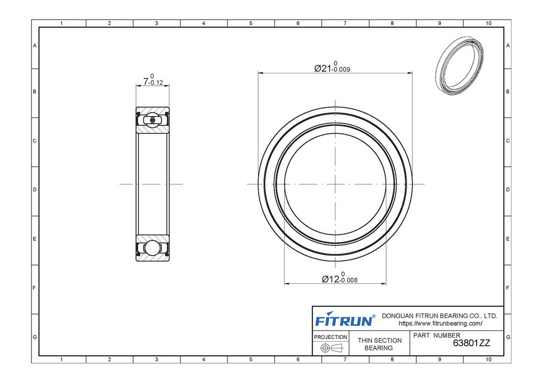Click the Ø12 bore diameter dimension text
point(340,277)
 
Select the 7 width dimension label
point(153,80)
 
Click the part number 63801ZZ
point(471,343)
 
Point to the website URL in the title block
point(440,324)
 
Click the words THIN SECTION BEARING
point(379,344)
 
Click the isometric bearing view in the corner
point(459,66)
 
